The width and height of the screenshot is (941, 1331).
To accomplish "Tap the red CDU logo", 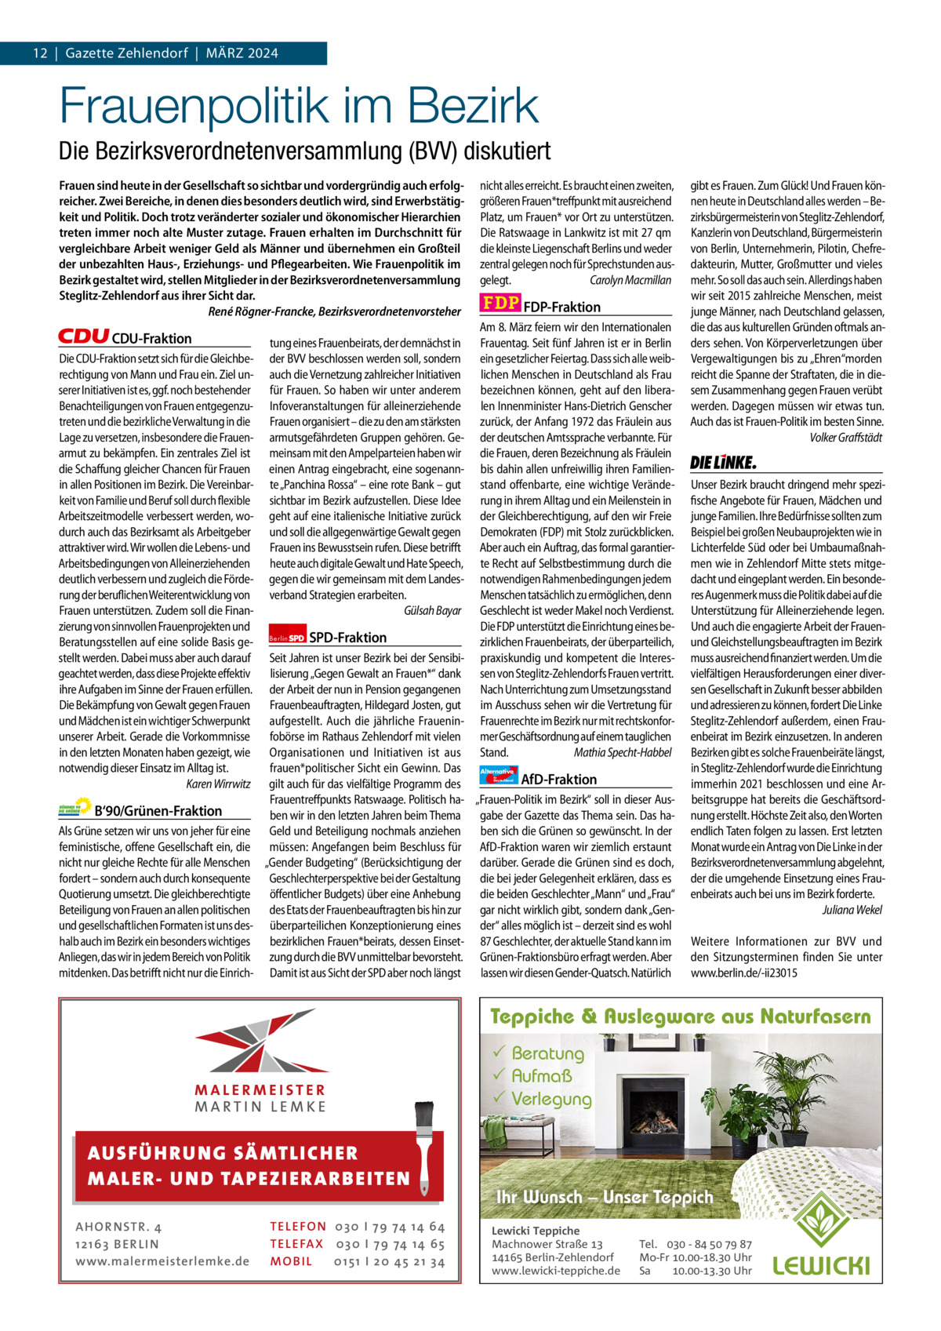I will pos(83,336).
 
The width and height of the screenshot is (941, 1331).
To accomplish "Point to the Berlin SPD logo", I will pos(286,638).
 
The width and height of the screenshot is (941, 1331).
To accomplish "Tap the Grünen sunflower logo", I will pos(75,809).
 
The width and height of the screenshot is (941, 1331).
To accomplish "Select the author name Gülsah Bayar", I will pos(432,610).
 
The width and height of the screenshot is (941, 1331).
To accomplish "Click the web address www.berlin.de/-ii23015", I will pos(744,973).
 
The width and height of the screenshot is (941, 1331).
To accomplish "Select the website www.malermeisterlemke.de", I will pos(162,1261).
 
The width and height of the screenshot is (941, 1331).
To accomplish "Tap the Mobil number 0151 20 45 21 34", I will pos(389,1261).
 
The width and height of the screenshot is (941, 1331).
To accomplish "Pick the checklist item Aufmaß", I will pos(542,1075).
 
